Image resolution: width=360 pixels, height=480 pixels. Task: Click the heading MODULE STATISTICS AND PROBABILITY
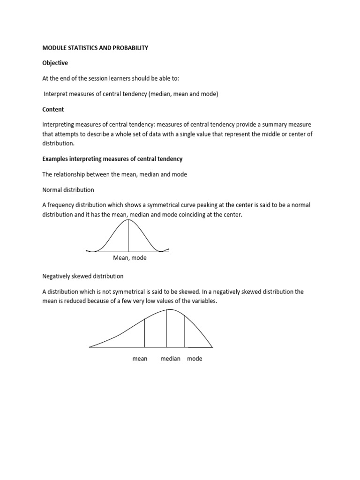[x=95, y=48]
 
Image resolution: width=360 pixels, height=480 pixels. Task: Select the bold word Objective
[x=55, y=63]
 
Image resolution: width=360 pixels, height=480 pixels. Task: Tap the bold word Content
[x=53, y=109]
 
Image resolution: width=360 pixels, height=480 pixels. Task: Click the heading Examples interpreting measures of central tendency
[x=112, y=159]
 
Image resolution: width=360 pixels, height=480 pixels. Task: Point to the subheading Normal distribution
[x=68, y=190]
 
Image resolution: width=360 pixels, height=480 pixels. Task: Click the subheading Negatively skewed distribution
[x=83, y=276]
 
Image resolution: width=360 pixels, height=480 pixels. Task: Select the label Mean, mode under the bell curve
[x=130, y=258]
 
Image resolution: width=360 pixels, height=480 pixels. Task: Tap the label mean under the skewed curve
[x=140, y=359]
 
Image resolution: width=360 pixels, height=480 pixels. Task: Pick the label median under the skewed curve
[x=170, y=359]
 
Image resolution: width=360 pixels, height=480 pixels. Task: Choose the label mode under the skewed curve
[x=195, y=359]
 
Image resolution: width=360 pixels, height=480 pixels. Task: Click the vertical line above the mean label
[x=145, y=333]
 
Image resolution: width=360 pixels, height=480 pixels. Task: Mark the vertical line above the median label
[x=166, y=328]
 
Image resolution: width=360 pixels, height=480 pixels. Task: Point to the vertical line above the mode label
[x=185, y=331]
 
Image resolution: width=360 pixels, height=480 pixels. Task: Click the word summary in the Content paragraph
[x=269, y=125]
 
